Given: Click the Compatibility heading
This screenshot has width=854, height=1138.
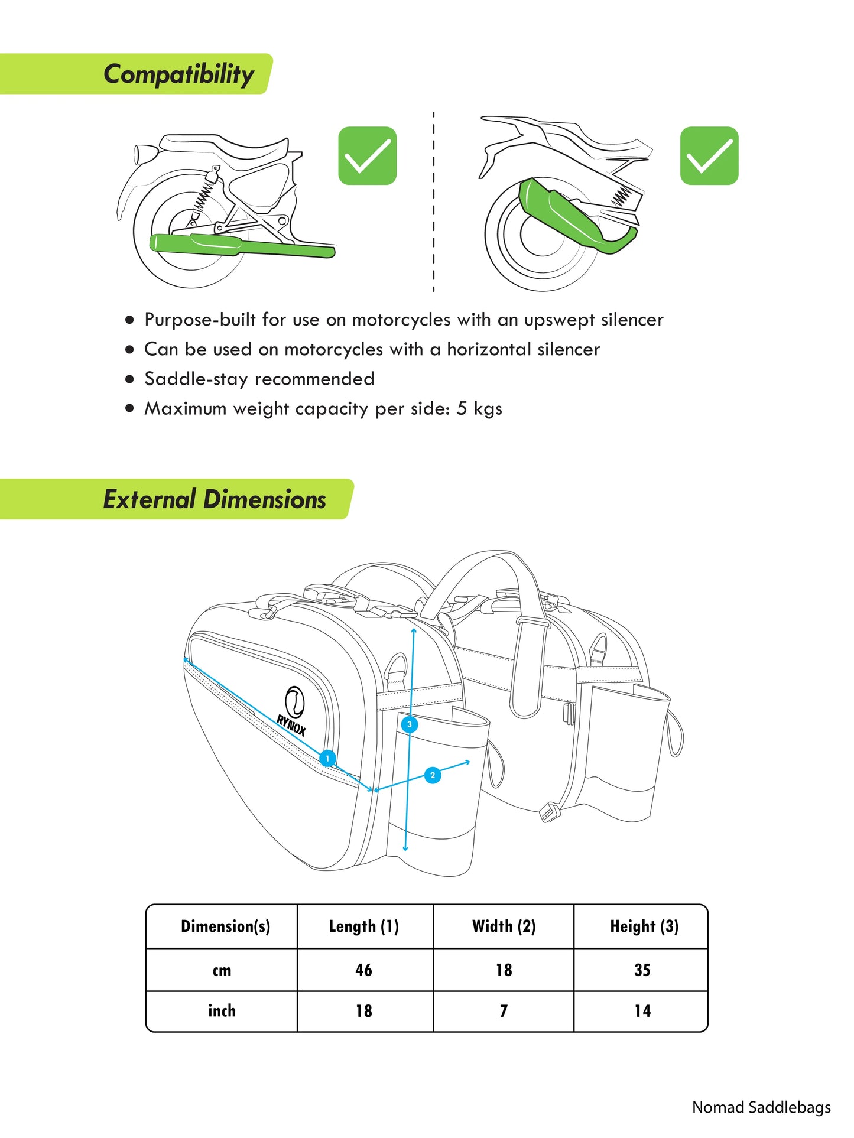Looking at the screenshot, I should (178, 74).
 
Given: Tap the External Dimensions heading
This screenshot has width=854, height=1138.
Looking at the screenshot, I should (215, 499).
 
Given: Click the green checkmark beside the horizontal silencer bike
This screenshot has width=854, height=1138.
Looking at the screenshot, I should (367, 155).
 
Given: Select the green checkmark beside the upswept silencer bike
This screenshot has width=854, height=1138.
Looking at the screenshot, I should (709, 155).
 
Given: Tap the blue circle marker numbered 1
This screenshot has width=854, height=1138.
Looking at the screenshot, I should (327, 758).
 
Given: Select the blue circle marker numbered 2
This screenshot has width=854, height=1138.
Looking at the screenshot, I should (433, 775).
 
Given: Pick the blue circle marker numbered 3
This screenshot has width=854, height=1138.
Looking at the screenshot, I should (410, 724).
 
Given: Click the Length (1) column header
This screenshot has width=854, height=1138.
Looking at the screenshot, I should (364, 926).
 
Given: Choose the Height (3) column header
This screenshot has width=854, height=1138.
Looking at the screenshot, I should (644, 926).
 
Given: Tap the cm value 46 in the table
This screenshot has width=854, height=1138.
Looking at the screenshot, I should (364, 970).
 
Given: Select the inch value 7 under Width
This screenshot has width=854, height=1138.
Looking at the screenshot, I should (504, 1011).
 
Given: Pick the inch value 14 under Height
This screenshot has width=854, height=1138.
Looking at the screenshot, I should (642, 1011).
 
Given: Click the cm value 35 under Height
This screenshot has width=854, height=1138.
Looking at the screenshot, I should (642, 970).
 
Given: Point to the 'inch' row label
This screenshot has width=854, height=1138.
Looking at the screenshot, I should (222, 1011).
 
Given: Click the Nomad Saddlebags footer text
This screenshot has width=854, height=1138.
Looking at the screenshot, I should (761, 1107).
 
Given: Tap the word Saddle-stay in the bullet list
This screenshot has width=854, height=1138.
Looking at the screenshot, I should (196, 379).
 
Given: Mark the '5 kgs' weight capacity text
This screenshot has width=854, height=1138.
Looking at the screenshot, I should (479, 408).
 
